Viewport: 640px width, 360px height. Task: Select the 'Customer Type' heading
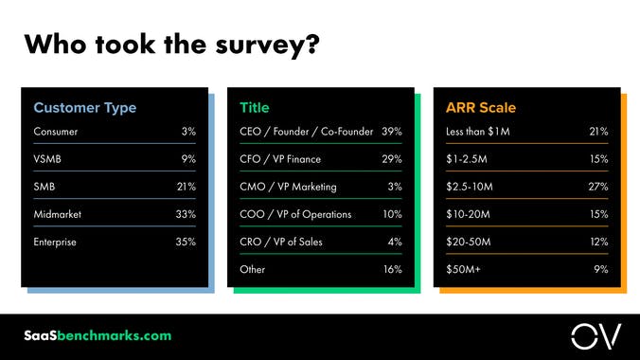[x=85, y=108]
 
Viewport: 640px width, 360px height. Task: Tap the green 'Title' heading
[x=254, y=108]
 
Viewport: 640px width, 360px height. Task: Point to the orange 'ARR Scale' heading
[x=480, y=108]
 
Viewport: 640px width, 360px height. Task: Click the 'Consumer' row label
[x=55, y=132]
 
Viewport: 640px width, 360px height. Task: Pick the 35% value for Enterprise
[x=186, y=243]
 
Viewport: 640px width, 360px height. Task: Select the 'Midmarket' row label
[x=57, y=214]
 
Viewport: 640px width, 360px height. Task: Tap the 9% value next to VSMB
[x=188, y=159]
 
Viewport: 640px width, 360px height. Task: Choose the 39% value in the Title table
[x=392, y=132]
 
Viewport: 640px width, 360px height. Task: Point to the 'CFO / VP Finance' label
[x=280, y=159]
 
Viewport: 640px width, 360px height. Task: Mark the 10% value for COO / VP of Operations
[x=392, y=214]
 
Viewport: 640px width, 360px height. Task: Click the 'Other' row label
[x=253, y=270]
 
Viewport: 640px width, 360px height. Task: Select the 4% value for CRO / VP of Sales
[x=395, y=243]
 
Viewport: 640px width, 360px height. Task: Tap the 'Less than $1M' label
[x=477, y=132]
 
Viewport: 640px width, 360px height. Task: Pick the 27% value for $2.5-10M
[x=597, y=187]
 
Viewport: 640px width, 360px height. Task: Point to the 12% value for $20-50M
[x=598, y=243]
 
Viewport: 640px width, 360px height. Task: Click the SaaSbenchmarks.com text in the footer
[x=98, y=336]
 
